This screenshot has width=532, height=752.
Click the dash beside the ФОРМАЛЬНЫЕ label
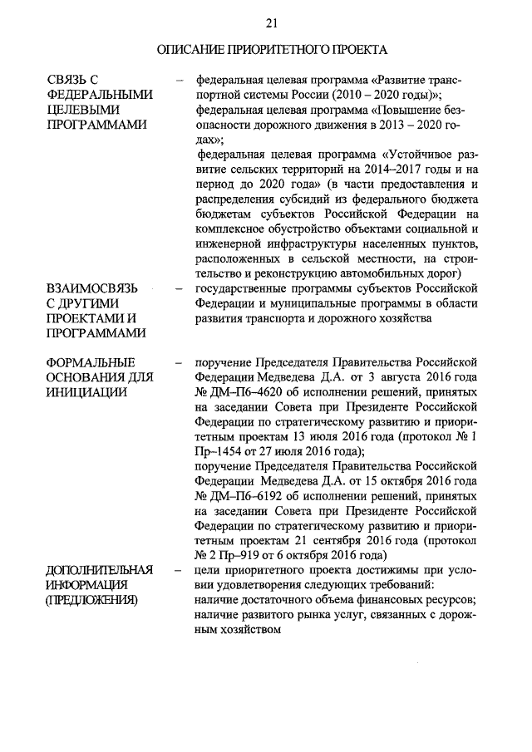(180, 363)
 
